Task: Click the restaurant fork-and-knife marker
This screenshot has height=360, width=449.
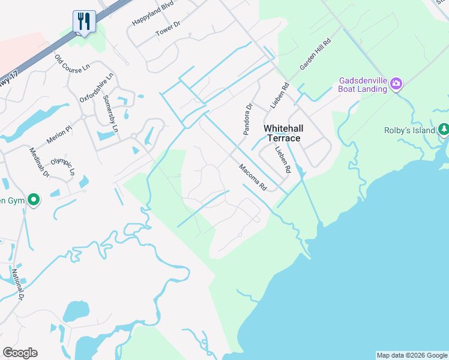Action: pos(84,22)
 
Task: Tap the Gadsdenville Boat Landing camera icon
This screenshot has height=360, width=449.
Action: pos(396,83)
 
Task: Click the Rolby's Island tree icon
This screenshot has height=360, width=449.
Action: pos(444,129)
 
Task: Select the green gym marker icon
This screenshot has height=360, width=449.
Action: pos(34,200)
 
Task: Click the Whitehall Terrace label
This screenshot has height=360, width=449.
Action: pos(282,134)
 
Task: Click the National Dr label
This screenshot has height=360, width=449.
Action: pos(17,284)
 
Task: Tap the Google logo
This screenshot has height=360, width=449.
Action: pos(20,353)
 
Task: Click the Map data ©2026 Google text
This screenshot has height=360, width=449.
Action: pos(412,355)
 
